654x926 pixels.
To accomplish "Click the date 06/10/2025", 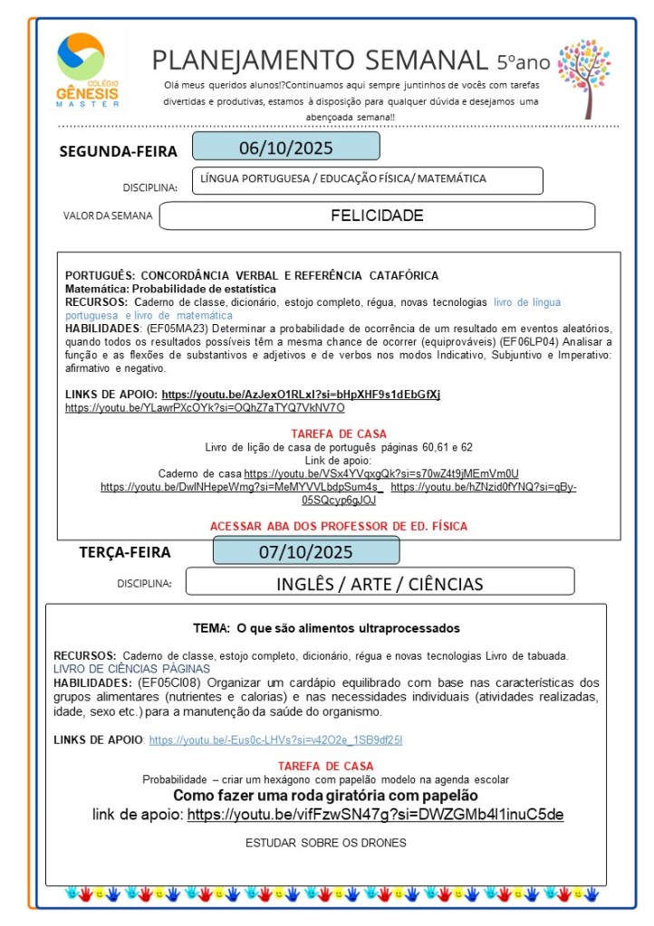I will (x=285, y=147).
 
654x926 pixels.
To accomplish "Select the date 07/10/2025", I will (x=306, y=551).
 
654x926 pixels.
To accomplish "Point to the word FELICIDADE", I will (x=377, y=215).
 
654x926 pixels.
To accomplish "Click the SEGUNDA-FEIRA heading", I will (x=118, y=151).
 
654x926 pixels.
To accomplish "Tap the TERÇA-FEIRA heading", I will (x=124, y=552).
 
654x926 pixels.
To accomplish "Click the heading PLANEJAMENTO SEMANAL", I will (x=320, y=61).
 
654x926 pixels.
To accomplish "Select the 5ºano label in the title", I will (x=523, y=62).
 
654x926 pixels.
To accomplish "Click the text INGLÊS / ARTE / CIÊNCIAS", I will (x=380, y=583).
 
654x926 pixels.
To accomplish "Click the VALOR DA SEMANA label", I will (x=108, y=216).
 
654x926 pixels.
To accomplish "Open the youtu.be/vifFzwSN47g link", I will (x=375, y=815).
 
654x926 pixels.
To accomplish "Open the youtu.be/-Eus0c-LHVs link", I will (x=275, y=740).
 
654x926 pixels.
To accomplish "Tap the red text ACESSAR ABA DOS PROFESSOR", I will (x=339, y=526).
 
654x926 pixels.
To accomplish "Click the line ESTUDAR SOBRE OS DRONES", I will (x=326, y=843).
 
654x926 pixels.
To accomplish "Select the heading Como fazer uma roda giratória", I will (x=325, y=796).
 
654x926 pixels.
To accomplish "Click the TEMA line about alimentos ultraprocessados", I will (x=326, y=628).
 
